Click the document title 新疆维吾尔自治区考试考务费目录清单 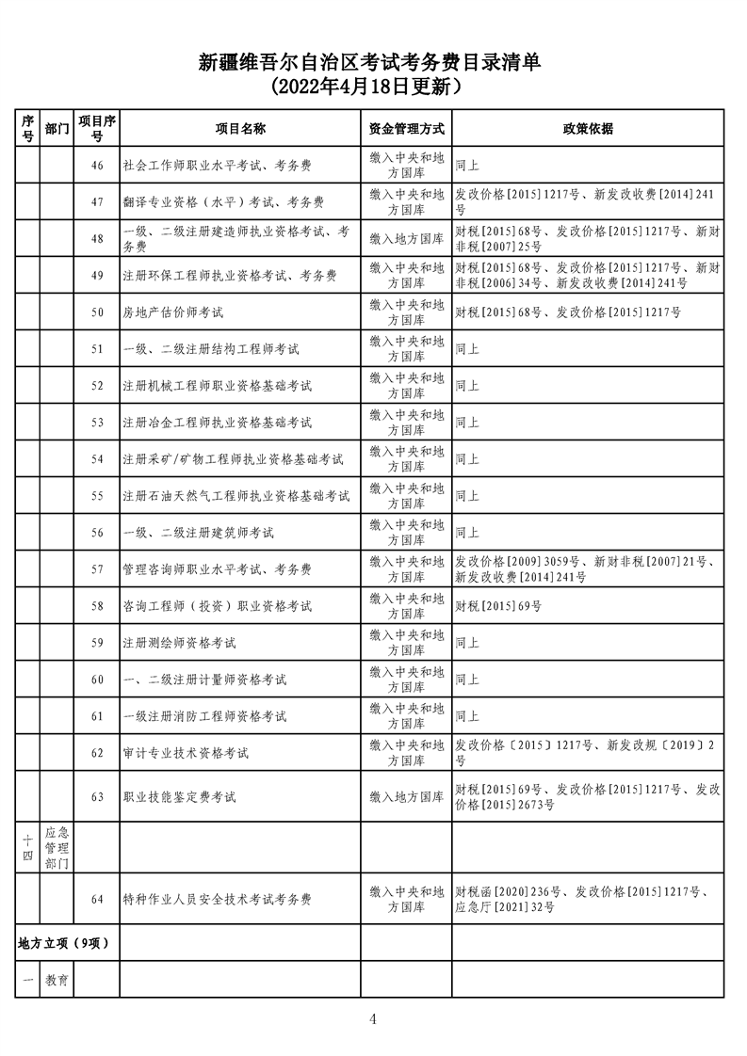click(x=373, y=63)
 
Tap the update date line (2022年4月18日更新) click(x=373, y=88)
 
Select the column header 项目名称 click(x=239, y=129)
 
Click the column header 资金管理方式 click(x=406, y=129)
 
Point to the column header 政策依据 click(x=588, y=129)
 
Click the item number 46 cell click(x=97, y=166)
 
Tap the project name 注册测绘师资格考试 click(x=179, y=643)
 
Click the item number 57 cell click(x=97, y=569)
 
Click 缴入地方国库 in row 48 click(x=406, y=239)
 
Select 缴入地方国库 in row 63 click(x=406, y=797)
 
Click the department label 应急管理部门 click(x=57, y=848)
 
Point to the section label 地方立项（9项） click(x=57, y=943)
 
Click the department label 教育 click(x=57, y=980)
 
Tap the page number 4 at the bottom click(x=373, y=1018)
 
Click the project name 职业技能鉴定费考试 click(x=179, y=797)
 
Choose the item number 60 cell click(x=97, y=680)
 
